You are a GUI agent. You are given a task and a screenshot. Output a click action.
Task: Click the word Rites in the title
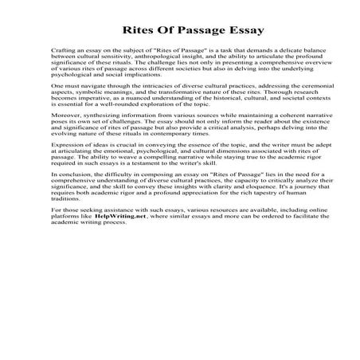pos(139,31)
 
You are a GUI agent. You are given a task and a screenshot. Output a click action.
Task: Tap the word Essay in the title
pos(224,31)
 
